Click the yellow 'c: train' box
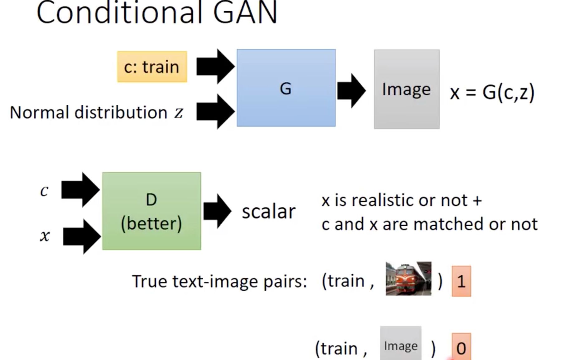[152, 67]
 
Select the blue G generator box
[286, 88]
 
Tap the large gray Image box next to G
[407, 89]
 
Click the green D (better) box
[151, 211]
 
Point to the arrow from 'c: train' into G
[215, 66]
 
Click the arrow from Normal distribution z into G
[215, 112]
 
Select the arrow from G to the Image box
[352, 91]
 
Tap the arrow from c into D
[80, 190]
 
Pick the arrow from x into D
[82, 236]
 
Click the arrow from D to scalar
[217, 211]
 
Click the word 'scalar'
[268, 212]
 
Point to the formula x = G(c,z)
[492, 93]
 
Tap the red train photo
[408, 279]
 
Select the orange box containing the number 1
[461, 281]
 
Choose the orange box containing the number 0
[461, 347]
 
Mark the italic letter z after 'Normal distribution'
[179, 113]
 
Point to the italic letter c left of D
[44, 190]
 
